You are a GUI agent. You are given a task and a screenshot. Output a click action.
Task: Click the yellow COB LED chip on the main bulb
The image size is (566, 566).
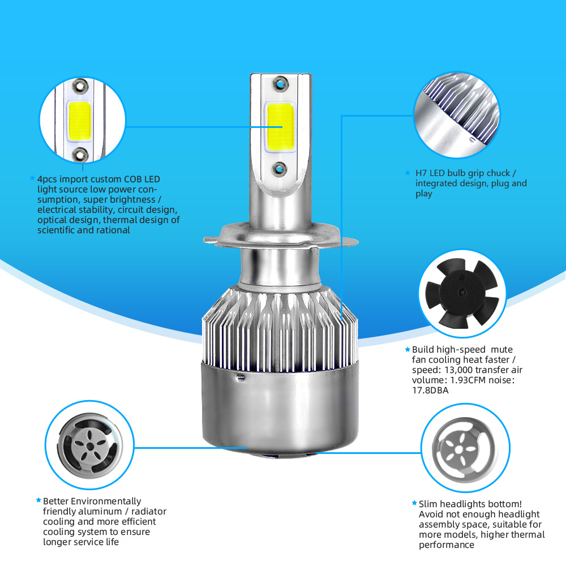tap(280, 127)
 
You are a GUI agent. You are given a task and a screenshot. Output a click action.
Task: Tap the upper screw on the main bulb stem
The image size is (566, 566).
tap(281, 84)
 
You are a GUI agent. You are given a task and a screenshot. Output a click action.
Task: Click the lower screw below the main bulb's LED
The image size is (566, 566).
tap(280, 168)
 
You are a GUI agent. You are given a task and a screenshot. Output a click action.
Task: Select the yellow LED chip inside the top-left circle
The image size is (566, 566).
tap(79, 121)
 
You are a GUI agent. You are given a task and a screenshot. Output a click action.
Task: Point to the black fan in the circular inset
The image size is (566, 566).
tap(462, 293)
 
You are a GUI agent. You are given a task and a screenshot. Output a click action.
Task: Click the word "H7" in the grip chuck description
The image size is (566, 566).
tap(421, 173)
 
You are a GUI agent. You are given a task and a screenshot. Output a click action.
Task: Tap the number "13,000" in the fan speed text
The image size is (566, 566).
tap(458, 370)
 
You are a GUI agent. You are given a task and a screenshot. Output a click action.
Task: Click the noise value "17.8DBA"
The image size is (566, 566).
tap(430, 390)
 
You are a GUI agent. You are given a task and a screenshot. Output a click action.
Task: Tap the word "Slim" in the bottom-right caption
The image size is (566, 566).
tap(428, 504)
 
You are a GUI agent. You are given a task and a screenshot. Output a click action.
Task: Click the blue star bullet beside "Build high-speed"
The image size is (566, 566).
tap(408, 349)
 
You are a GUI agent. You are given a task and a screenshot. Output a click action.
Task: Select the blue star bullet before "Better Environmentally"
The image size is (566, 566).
tap(38, 500)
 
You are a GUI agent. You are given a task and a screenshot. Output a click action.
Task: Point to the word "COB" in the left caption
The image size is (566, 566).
tap(132, 179)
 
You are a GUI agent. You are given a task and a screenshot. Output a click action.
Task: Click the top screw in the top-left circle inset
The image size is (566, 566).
tap(80, 86)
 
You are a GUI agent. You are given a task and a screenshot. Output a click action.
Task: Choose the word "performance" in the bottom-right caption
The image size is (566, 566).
tap(447, 545)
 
